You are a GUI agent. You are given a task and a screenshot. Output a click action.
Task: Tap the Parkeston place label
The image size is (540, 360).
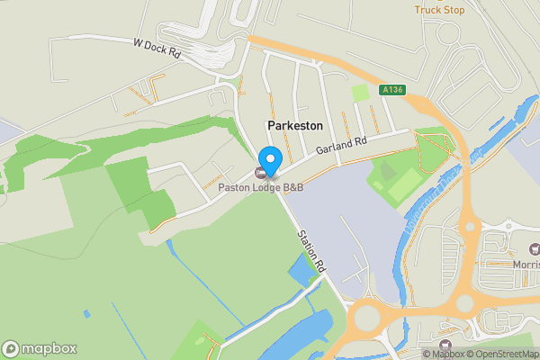(294, 127)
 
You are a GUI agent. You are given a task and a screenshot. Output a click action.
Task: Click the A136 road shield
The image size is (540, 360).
(391, 90)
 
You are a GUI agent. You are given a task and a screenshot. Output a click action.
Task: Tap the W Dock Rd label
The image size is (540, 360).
(157, 49)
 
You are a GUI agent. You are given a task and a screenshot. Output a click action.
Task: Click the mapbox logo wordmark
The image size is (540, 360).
(40, 348)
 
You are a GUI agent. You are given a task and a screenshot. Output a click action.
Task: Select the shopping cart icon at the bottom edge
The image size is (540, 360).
(443, 345)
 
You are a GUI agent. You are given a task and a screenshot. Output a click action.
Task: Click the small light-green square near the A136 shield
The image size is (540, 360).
(360, 93)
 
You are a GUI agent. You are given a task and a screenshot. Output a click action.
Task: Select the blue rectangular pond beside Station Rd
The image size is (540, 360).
(301, 267)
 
